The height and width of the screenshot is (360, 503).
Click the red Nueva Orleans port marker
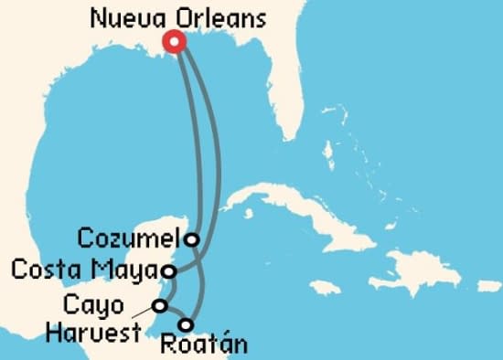click(174, 41)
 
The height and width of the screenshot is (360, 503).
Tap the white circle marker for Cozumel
click(191, 239)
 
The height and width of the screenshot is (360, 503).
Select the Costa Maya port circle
click(168, 270)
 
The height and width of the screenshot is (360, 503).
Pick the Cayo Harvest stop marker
click(160, 305)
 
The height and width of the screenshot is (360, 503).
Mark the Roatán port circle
click(187, 324)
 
